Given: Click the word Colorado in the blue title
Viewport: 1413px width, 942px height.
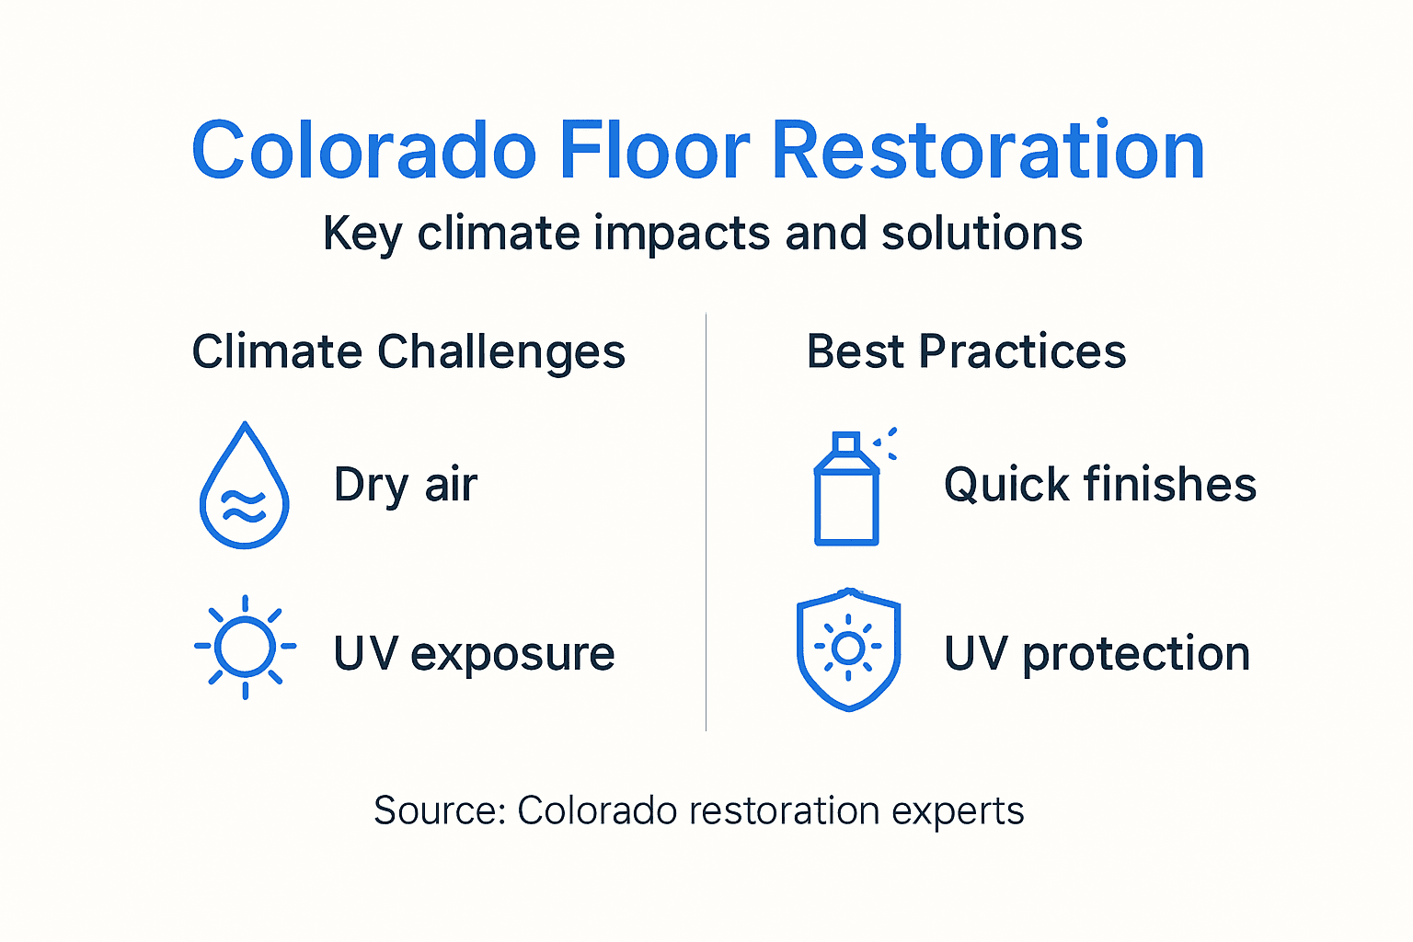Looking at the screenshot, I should pyautogui.click(x=364, y=151).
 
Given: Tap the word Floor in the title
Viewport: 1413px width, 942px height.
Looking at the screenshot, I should pyautogui.click(x=654, y=151).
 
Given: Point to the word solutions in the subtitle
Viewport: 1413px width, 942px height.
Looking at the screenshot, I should pyautogui.click(x=982, y=233).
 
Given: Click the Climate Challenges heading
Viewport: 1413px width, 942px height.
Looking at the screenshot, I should pyautogui.click(x=408, y=351).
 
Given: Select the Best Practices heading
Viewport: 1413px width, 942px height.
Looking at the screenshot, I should pyautogui.click(x=966, y=351).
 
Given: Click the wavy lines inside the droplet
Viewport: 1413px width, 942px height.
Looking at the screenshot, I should pyautogui.click(x=245, y=507).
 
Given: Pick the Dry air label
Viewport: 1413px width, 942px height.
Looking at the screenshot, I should pyautogui.click(x=406, y=485).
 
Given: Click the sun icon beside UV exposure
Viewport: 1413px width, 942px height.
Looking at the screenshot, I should pyautogui.click(x=245, y=647).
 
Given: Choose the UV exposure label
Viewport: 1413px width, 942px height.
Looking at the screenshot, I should pyautogui.click(x=474, y=654).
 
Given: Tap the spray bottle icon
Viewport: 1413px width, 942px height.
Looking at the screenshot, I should pyautogui.click(x=847, y=497).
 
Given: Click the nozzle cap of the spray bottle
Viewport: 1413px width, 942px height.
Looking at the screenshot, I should pyautogui.click(x=846, y=444).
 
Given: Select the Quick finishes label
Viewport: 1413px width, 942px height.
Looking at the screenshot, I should pyautogui.click(x=1100, y=485).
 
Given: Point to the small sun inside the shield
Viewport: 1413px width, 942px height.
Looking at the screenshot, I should pyautogui.click(x=848, y=648).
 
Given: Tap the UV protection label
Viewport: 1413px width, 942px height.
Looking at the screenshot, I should pyautogui.click(x=1097, y=654).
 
